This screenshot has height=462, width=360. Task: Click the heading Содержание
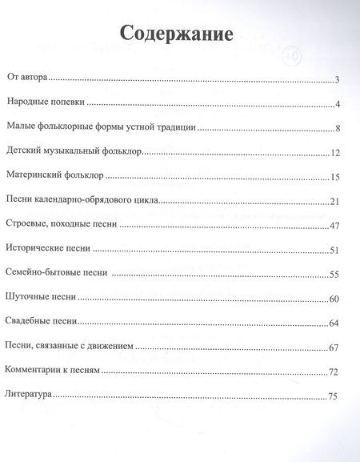tap(176, 34)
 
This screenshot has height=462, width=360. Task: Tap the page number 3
tap(339, 80)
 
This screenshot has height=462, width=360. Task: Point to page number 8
tap(339, 129)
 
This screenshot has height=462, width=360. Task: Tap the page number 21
tap(337, 202)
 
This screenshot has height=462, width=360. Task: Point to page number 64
tap(337, 324)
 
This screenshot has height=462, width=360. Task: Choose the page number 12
tap(337, 154)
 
